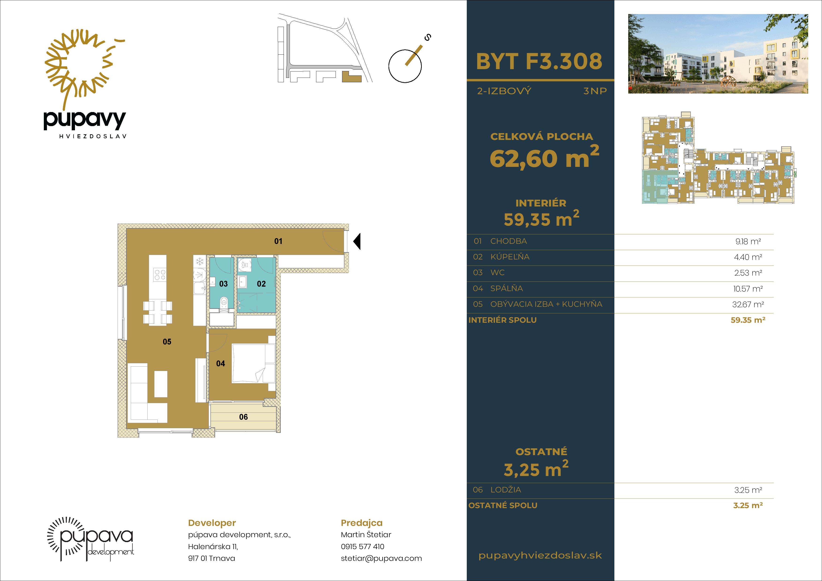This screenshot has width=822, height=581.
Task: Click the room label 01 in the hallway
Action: tap(278, 241)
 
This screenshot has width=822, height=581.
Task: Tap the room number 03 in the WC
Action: tap(223, 284)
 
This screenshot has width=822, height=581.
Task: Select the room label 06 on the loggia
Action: tap(243, 417)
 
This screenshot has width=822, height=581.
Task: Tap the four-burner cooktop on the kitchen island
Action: tap(160, 275)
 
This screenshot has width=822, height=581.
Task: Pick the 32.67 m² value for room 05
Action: tap(748, 305)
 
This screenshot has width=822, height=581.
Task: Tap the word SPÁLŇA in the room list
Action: tap(506, 289)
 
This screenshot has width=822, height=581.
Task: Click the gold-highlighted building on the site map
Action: tap(351, 77)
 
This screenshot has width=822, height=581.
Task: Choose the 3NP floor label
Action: tap(595, 91)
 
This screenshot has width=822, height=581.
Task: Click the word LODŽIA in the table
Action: tap(505, 490)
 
